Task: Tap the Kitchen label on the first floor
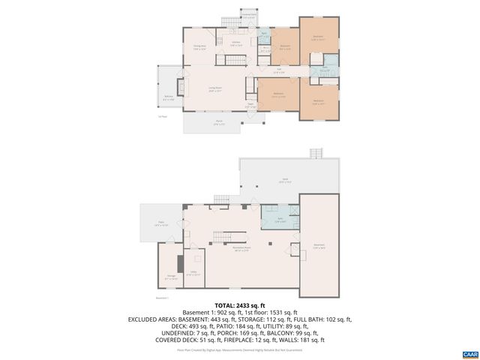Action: pos(235,43)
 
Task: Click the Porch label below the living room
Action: pos(198,124)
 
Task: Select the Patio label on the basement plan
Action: pos(157,224)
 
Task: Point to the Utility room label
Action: pos(193,274)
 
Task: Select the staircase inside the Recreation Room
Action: pos(217,237)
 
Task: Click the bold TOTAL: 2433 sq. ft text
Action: pos(240,306)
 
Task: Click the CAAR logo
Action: pos(469,352)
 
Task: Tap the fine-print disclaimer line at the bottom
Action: pos(240,349)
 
